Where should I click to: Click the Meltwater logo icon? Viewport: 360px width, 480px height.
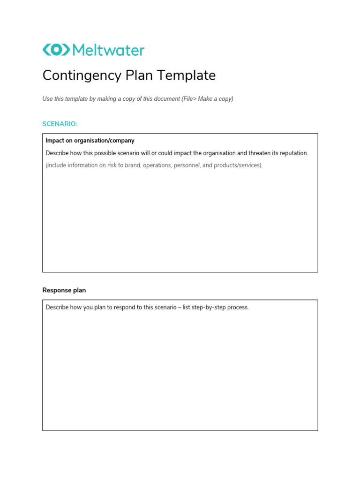point(56,50)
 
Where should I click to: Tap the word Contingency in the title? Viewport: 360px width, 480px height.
point(81,75)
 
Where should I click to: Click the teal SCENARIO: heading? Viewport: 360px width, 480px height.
point(60,124)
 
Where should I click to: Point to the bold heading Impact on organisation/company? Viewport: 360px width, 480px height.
point(90,141)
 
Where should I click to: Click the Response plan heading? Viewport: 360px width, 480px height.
point(64,290)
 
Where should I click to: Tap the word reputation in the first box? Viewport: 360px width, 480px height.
point(292,153)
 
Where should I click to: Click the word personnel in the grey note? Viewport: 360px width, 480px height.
point(187,165)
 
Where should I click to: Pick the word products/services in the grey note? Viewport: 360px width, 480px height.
point(238,165)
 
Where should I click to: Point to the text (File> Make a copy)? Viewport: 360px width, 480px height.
point(207,99)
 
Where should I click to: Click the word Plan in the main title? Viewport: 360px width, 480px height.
point(141,75)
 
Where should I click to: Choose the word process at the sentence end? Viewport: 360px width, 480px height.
point(238,307)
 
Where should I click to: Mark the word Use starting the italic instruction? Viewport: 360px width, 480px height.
point(47,99)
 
